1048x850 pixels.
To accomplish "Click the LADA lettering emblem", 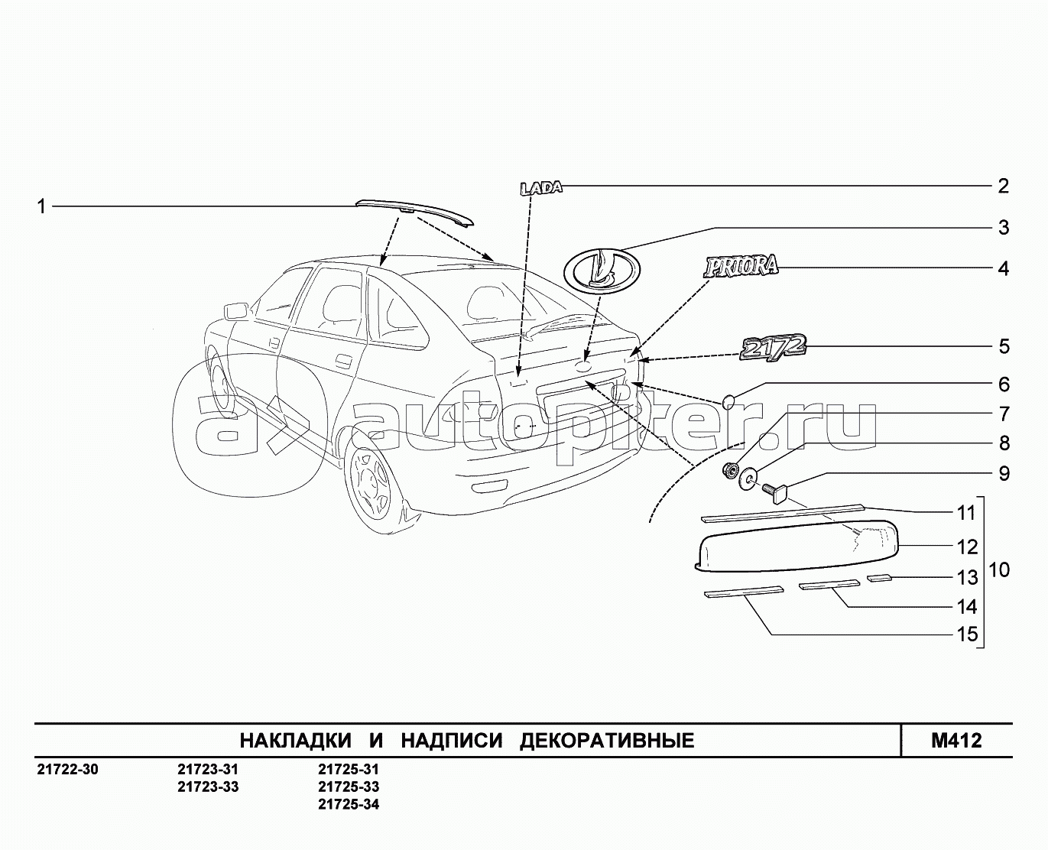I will click(540, 187).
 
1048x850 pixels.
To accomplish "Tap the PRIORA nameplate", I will click(741, 266).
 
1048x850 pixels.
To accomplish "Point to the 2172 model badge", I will click(773, 346).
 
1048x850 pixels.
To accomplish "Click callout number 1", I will click(42, 206).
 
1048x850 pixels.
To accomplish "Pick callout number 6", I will click(1003, 384).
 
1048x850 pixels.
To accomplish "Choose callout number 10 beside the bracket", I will click(998, 570).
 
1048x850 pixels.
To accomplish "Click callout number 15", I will click(967, 634).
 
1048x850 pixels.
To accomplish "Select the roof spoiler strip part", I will click(414, 212).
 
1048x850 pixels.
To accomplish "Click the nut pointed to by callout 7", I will click(730, 470).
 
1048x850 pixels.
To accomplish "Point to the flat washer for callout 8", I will click(749, 479).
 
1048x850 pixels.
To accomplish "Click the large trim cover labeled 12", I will click(795, 545).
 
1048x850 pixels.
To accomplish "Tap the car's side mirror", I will click(235, 311).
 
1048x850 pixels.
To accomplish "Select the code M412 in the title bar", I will click(956, 740).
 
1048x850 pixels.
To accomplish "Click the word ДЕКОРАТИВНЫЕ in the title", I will click(607, 741).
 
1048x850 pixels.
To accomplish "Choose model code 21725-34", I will click(349, 804).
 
